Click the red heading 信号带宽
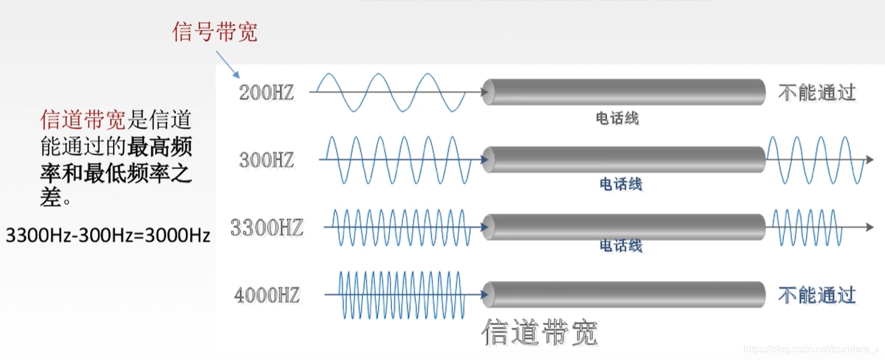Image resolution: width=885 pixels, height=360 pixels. tap(215, 32)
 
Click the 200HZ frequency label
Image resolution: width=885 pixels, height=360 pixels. tap(266, 93)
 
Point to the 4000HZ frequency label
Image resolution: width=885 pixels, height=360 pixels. tap(266, 296)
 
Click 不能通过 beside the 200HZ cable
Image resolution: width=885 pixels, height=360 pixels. tap(817, 92)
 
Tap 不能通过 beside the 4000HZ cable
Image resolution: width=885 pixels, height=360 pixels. tap(817, 296)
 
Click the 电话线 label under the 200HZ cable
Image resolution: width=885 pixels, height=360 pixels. tap(617, 118)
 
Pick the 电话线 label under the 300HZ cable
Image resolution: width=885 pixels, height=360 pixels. tap(621, 184)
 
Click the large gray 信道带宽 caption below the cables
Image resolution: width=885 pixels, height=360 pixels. tap(540, 333)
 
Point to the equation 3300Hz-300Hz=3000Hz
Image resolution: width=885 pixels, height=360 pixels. tap(108, 235)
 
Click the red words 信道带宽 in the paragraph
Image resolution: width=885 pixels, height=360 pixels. tap(83, 120)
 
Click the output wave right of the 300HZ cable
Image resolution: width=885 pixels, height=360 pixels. tap(814, 159)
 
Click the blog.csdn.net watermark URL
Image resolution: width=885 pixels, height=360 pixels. tap(811, 348)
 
